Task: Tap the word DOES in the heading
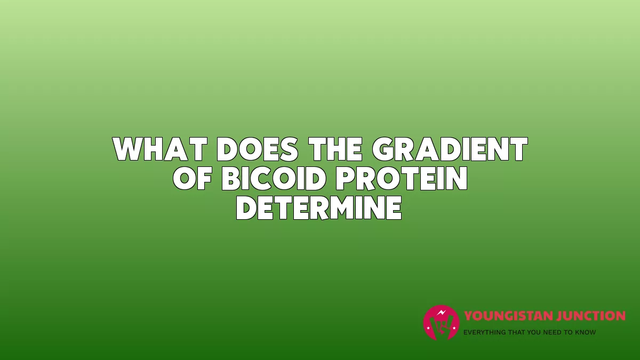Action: [x=258, y=149]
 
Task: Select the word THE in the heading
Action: [x=337, y=149]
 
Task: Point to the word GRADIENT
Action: [x=450, y=149]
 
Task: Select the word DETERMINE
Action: [x=319, y=207]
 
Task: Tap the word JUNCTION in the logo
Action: [x=587, y=316]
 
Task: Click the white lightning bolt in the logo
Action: [x=442, y=313]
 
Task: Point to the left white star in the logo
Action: [x=428, y=328]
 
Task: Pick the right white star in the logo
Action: [x=454, y=328]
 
